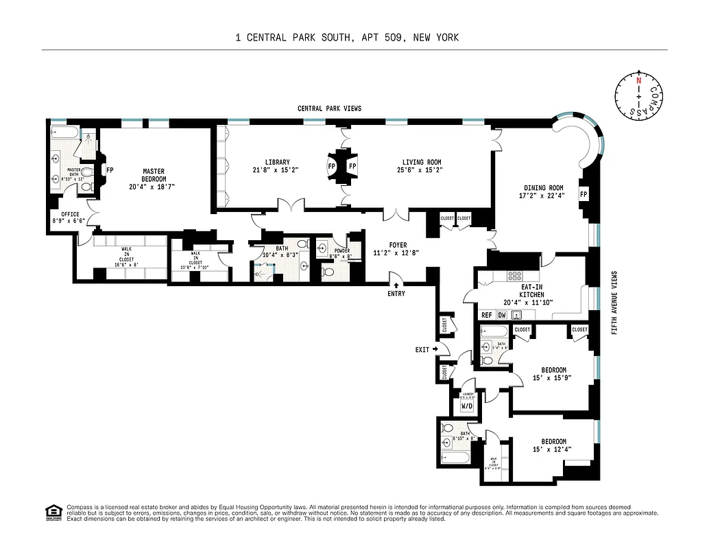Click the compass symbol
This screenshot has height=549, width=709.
638,95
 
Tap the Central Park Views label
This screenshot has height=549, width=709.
329,108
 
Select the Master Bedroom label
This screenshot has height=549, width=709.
154,172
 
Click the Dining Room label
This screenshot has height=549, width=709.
544,188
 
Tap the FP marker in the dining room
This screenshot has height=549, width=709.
584,194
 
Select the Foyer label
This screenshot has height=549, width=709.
398,245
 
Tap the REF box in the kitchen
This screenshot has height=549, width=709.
487,315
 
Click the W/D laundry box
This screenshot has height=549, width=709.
466,406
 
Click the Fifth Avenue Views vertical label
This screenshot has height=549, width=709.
614,301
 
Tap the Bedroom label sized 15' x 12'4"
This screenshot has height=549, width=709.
553,441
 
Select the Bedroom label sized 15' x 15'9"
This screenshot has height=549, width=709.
553,369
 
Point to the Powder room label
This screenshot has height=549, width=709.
342,251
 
